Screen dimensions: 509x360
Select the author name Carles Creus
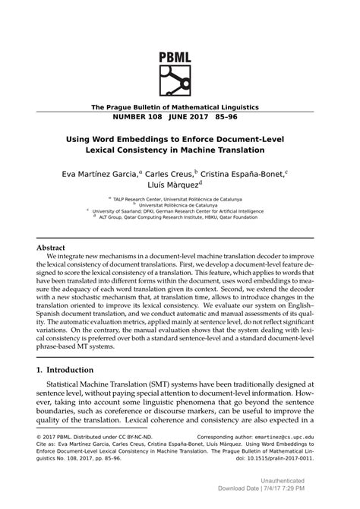point(171,174)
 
